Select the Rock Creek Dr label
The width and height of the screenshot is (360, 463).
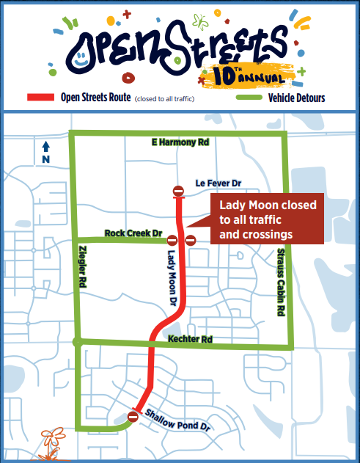coord(132,233)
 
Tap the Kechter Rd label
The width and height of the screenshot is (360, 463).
coord(189,340)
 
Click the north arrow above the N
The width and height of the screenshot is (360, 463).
coord(45,146)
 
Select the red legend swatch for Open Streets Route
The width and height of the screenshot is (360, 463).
coord(41,98)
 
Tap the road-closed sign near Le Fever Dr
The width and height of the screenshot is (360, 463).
coord(178,192)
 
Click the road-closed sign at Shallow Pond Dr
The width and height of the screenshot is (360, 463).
coord(133,417)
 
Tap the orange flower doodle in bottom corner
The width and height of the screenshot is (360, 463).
coord(50,441)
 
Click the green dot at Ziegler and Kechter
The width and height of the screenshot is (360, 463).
coord(76,341)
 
